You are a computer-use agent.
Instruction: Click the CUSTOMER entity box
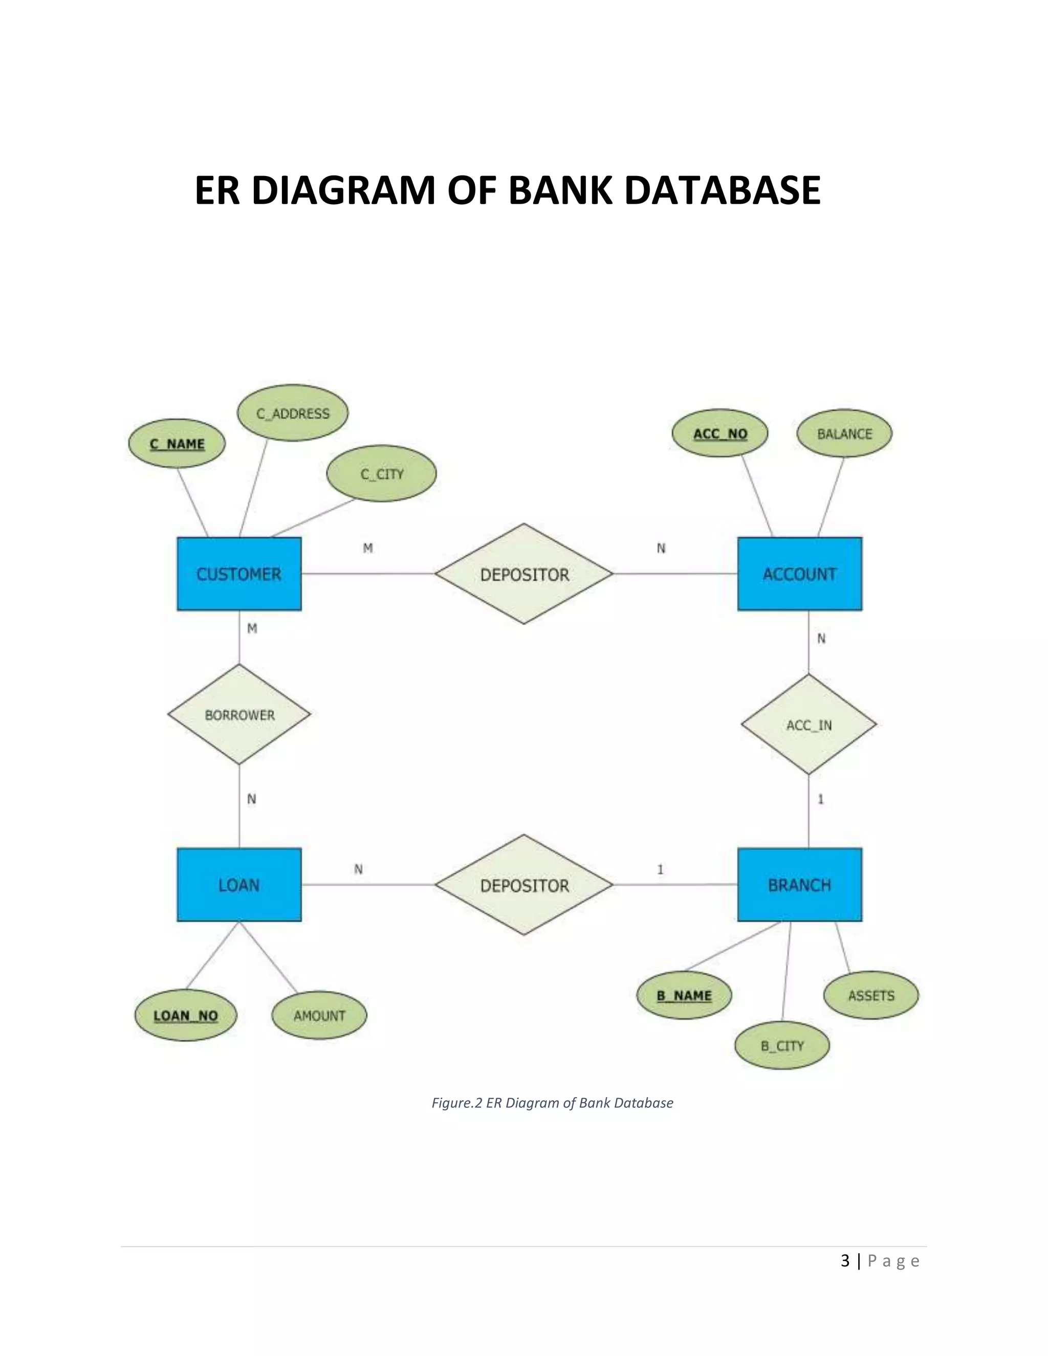(239, 574)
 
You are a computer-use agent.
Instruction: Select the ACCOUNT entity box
(800, 574)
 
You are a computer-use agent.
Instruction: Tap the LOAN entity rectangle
(239, 885)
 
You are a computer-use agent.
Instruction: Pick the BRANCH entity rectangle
(800, 885)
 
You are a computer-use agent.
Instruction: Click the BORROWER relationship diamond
(239, 715)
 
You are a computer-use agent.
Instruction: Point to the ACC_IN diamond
(809, 725)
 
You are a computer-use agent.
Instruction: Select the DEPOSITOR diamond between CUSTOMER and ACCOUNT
(524, 574)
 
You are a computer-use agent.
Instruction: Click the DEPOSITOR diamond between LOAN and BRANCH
(524, 885)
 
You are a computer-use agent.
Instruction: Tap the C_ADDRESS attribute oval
(293, 413)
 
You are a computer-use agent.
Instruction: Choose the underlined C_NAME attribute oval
(177, 444)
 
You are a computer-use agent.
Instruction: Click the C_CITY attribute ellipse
(381, 474)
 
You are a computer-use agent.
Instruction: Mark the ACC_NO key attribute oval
(720, 433)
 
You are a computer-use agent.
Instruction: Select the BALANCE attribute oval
(844, 433)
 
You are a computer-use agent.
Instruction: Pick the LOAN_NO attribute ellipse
(186, 1016)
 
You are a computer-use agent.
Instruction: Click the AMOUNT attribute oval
(319, 1016)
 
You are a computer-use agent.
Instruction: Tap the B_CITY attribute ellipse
(782, 1046)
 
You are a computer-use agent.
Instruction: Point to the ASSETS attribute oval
(871, 996)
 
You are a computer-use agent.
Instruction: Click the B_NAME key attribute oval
(684, 996)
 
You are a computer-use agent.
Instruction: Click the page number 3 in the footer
(845, 1261)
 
